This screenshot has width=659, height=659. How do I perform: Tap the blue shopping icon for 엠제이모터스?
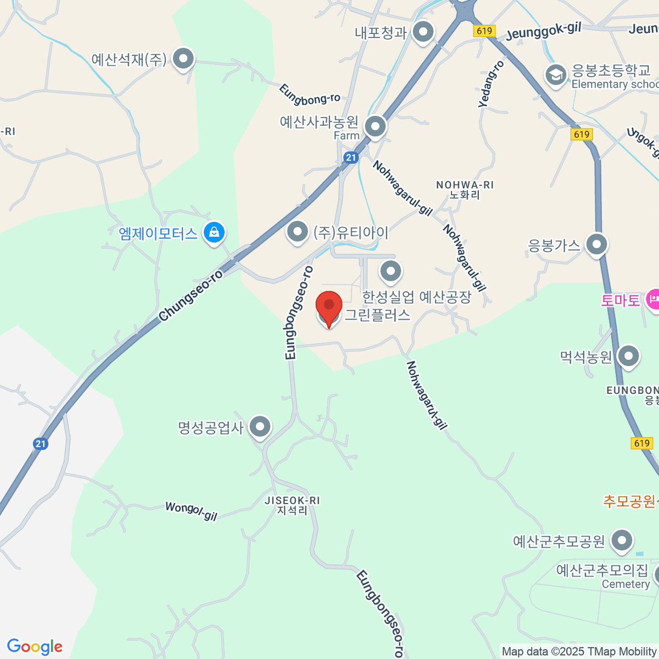(214, 232)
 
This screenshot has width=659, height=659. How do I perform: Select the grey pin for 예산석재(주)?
(183, 58)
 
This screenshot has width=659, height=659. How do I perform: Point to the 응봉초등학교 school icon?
(556, 75)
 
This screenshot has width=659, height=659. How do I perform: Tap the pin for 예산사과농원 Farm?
(375, 126)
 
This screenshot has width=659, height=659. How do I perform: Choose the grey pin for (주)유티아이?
(297, 232)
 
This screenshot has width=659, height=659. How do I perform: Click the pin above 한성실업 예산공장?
(390, 270)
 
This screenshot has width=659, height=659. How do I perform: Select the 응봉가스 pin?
(596, 244)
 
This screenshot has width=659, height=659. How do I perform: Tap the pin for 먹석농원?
(628, 356)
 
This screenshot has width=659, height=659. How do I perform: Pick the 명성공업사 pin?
(260, 426)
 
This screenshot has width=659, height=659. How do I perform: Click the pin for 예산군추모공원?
(621, 540)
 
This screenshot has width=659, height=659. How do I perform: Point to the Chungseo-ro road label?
(191, 295)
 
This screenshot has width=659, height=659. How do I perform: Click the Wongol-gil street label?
(191, 511)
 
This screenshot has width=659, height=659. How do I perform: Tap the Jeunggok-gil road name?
(543, 31)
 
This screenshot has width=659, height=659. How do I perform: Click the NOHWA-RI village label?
(465, 189)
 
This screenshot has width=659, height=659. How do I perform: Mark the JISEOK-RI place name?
(292, 505)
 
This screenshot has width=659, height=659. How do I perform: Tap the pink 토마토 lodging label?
(621, 300)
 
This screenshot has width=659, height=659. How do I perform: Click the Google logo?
(35, 647)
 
